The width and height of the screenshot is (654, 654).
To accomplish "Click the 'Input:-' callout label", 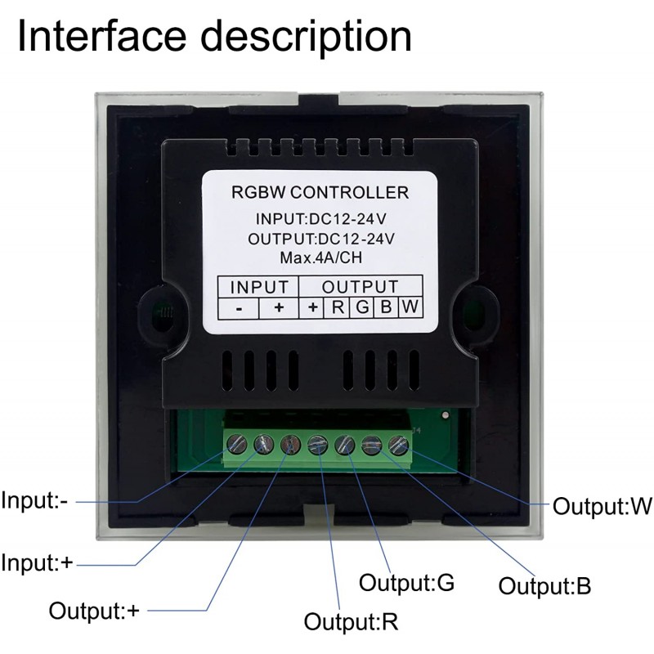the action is coord(34,500).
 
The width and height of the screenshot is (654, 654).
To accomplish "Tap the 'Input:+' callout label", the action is coord(37,562).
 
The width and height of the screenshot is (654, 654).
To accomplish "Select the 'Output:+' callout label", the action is coord(94,611).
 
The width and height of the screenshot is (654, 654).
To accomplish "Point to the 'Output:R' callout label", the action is coord(352,621).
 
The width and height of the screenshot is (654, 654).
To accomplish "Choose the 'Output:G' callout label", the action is coord(406,582).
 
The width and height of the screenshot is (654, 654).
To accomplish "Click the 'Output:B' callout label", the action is coord(544,585).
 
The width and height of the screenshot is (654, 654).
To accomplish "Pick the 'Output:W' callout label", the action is coord(602,506).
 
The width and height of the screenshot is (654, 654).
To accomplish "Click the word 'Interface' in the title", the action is coord(101,35).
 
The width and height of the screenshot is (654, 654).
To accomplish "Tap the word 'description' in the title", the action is coord(306,38).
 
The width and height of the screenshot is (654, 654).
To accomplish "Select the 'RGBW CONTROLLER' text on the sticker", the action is coord(320,192).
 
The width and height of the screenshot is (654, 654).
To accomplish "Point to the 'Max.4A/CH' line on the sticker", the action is coord(320,258).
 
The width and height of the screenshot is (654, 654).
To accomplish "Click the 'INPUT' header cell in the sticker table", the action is coord(258,287).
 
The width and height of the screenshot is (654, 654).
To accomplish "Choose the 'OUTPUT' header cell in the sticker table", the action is coord(361,287).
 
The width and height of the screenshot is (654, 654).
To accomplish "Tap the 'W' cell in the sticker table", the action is coord(410,308).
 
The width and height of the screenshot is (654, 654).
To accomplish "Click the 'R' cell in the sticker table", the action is coord(338,308).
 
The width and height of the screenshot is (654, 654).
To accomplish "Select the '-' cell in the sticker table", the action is coord(239,308).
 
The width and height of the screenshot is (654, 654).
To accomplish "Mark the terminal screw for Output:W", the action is coord(398,446).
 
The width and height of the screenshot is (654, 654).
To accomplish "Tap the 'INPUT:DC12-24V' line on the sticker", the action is coord(320,218).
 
